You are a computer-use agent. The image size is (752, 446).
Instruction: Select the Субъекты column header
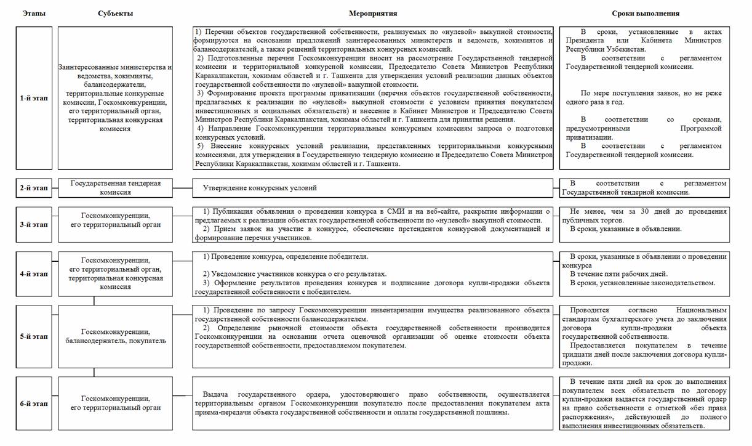point(115,13)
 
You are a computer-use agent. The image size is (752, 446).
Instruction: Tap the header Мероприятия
point(373,13)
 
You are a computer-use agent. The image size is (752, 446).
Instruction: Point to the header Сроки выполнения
point(646,13)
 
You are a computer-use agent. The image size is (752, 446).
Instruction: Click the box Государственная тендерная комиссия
point(116,188)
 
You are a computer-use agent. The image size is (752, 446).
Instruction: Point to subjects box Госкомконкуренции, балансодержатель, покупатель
point(116,336)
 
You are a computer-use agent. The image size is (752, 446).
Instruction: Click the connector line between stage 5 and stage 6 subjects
point(94,372)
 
